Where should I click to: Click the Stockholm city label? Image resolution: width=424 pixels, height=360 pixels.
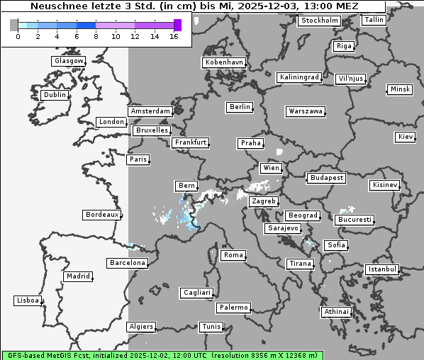coord(318,21)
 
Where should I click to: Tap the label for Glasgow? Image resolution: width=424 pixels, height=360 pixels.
coord(69,61)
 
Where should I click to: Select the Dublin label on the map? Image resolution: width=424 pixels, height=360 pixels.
coord(55,95)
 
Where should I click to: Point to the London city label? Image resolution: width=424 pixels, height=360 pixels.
coord(111,122)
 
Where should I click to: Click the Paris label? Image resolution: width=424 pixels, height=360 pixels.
coord(138,159)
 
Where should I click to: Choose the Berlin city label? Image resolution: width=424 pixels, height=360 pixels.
coord(240,107)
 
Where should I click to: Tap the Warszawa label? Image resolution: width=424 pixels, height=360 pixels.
coord(306,111)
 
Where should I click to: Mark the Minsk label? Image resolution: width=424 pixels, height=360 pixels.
coord(400,89)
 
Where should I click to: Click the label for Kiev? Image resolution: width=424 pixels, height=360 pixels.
coord(406,136)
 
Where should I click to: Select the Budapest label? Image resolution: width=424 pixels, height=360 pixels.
coord(326,177)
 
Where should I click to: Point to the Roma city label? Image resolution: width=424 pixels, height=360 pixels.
coord(233,255)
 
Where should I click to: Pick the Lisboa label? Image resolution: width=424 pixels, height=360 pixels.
coord(28,300)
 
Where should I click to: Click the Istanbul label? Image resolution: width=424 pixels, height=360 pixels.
coord(382,269)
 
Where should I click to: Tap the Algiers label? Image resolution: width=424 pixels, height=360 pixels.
coord(140,327)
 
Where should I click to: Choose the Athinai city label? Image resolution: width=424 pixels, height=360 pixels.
coord(336,312)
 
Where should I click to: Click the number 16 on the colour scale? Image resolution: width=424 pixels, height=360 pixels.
coord(174,36)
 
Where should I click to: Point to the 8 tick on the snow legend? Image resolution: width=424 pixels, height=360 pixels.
coord(96,36)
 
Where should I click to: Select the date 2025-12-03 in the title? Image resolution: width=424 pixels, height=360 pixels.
coord(279,6)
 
